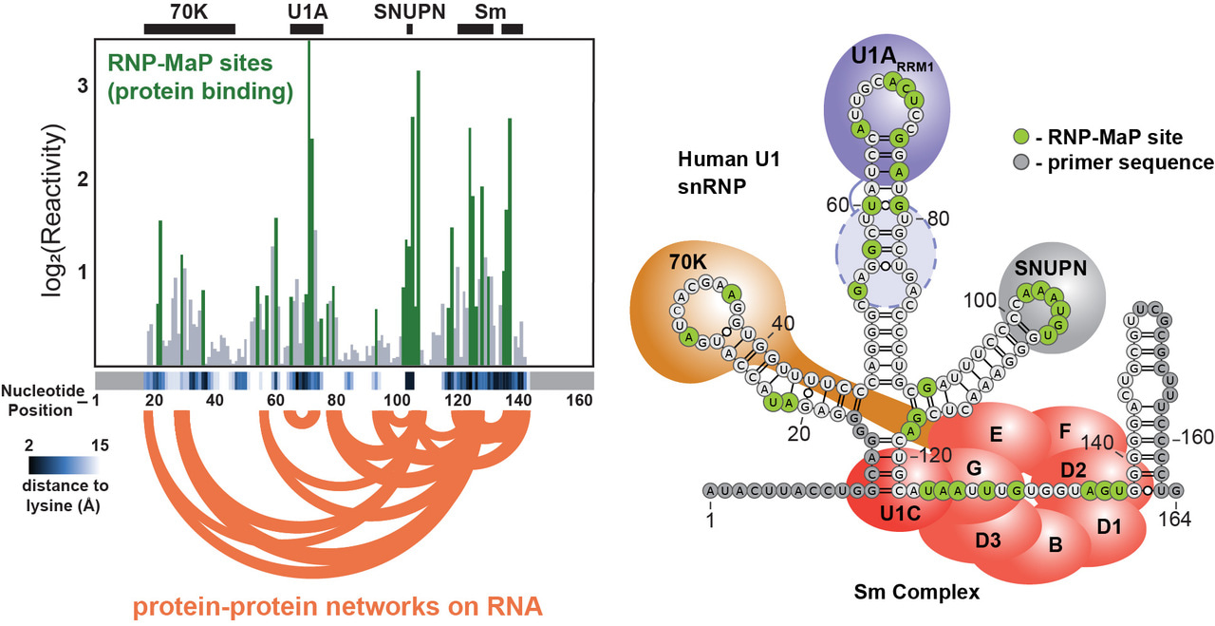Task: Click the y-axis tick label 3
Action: click(83, 85)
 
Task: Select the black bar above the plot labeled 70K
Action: click(189, 29)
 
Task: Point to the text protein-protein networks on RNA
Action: click(337, 605)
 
